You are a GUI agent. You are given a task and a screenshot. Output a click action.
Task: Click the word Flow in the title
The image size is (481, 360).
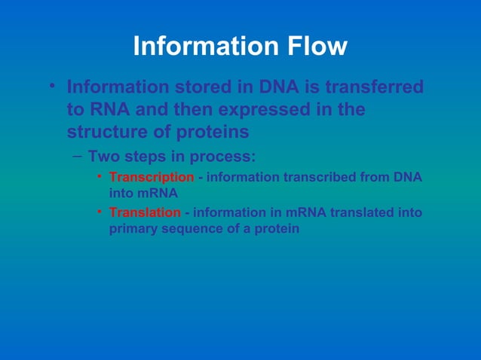(316, 47)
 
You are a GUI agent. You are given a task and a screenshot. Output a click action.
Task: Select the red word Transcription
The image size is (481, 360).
(152, 177)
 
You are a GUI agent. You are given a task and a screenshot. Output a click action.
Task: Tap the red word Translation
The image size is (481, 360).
(145, 212)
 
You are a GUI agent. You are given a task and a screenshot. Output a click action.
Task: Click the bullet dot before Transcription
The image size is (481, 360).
(99, 177)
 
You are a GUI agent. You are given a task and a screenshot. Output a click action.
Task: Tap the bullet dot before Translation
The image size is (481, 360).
(99, 212)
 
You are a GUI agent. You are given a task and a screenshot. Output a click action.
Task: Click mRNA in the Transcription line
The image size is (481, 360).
(155, 193)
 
